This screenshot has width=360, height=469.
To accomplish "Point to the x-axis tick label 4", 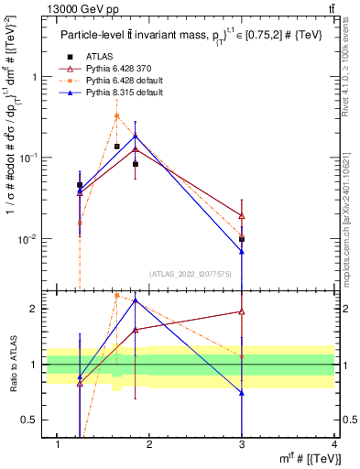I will [333, 444].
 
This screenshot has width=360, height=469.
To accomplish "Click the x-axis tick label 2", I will [150, 444].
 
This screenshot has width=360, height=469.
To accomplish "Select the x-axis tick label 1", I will [59, 444].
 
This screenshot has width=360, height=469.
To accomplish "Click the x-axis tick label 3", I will [242, 444].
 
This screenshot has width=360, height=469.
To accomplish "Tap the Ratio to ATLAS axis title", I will [14, 365].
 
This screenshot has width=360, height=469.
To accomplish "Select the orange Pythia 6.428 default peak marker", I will [117, 115].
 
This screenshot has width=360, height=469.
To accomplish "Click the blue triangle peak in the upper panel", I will [136, 136].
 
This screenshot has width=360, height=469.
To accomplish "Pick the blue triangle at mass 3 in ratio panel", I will [242, 393].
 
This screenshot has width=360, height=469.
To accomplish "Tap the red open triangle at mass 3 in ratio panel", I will [242, 311].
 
